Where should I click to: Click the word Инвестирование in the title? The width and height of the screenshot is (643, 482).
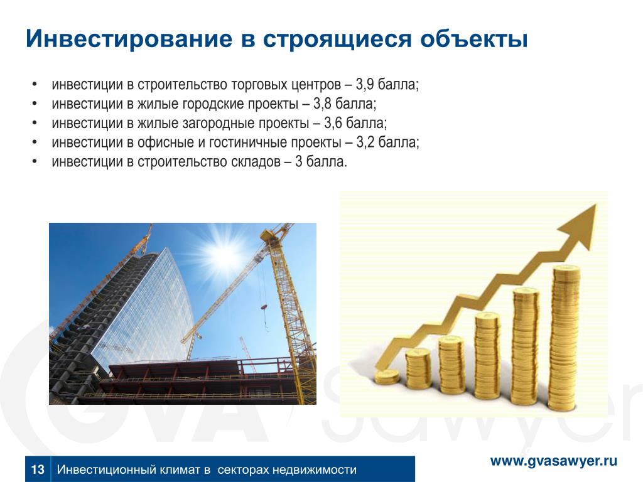[x=129, y=39]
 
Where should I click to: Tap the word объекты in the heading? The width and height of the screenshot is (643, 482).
[x=473, y=39]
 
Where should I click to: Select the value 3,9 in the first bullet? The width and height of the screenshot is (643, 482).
[x=365, y=85]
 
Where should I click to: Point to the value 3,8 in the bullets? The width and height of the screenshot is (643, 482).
[x=322, y=104]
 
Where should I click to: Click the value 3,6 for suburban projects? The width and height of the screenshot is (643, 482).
[x=333, y=124]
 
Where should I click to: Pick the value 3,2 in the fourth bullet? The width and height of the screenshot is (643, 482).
[x=365, y=142]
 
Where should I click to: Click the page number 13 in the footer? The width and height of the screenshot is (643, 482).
[x=37, y=469]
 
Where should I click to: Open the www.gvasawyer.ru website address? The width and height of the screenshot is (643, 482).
[x=554, y=461]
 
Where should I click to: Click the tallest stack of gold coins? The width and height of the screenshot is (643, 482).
[x=566, y=338]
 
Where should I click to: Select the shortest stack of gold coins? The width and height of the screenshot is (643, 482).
[x=387, y=377]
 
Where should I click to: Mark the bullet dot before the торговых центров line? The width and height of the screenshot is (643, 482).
[x=35, y=85]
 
